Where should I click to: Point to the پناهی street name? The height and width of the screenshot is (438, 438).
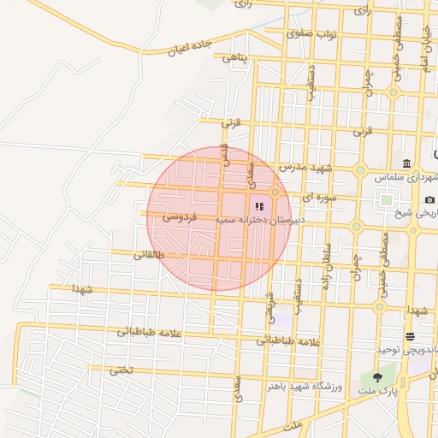(x=234, y=58)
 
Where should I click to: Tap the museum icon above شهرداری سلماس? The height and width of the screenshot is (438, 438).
(x=406, y=164)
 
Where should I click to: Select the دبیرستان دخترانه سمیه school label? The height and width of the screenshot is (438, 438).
(x=260, y=220)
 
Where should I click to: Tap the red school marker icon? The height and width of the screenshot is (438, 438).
(x=259, y=206)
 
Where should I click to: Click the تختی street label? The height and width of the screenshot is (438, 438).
(x=121, y=370)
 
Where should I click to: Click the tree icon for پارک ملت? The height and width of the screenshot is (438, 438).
(x=376, y=377)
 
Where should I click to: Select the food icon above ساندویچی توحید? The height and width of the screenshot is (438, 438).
(x=410, y=335)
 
